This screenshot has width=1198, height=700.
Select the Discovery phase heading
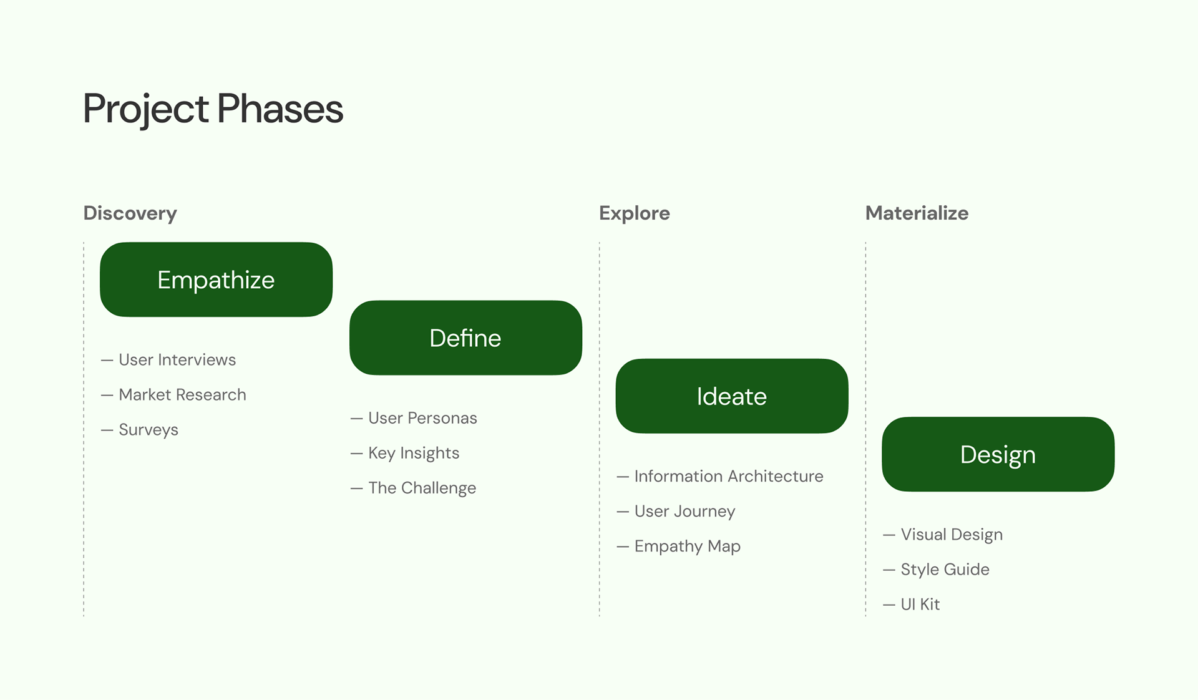click(x=130, y=213)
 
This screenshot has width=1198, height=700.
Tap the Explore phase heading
click(x=635, y=213)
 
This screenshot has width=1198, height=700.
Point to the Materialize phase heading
click(x=917, y=213)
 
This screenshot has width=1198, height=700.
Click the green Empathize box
click(x=216, y=280)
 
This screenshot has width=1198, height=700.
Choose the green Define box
click(x=465, y=338)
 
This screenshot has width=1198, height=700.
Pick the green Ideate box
click(x=732, y=396)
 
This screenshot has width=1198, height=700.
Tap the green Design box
click(x=998, y=454)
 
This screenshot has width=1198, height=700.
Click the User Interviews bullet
click(x=168, y=360)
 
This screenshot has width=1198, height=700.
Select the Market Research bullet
click(x=173, y=395)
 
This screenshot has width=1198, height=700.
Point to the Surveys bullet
click(x=140, y=430)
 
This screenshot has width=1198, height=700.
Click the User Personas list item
click(x=414, y=418)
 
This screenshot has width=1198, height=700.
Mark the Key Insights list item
click(x=405, y=454)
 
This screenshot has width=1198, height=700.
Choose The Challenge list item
click(x=413, y=489)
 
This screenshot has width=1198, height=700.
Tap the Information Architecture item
click(x=720, y=477)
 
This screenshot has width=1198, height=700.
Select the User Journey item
click(x=676, y=512)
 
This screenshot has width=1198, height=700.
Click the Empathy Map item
click(x=679, y=547)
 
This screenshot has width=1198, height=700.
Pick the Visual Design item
click(x=943, y=535)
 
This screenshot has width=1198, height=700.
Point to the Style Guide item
click(x=937, y=570)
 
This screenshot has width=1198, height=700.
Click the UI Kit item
click(x=912, y=605)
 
